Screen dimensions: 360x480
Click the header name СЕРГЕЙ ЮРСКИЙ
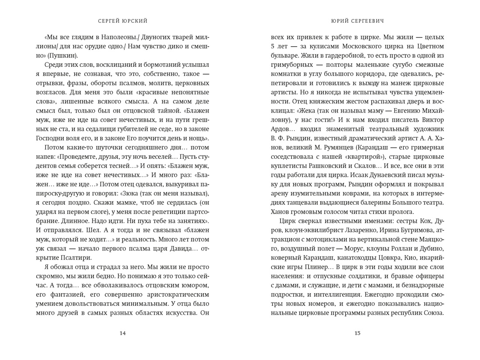coord(122,21)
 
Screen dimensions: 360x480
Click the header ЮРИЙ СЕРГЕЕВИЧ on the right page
coord(357,21)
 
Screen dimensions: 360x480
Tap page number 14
coord(122,333)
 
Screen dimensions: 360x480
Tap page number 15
coord(357,333)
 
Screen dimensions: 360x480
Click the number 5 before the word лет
coord(273,47)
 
